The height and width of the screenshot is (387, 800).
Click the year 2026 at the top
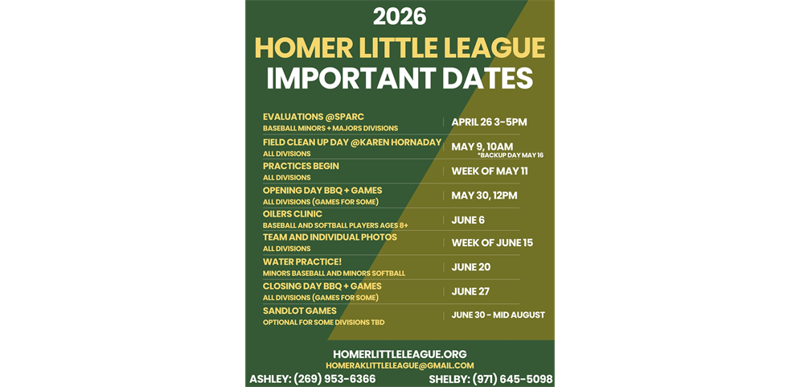point(400,16)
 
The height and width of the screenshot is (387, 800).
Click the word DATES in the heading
point(490,79)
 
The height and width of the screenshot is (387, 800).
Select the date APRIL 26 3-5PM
point(489,122)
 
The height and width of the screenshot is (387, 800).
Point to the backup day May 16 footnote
point(510,155)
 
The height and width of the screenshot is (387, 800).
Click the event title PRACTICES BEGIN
point(301,166)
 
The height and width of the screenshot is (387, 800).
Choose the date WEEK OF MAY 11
point(490,171)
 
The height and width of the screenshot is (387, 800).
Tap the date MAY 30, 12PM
point(484,196)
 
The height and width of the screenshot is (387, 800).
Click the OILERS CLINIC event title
point(293,214)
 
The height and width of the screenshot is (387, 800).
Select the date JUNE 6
point(468,220)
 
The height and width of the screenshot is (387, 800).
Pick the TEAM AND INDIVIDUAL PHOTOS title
point(330,237)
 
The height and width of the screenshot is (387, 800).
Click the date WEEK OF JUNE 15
point(492,243)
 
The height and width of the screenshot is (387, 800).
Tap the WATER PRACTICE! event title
point(302,261)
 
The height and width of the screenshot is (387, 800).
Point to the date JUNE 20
point(471,267)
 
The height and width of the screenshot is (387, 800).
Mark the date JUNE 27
point(471,291)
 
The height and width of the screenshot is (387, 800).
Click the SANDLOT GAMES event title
point(300,311)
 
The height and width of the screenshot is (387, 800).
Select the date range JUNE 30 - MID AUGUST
point(498,315)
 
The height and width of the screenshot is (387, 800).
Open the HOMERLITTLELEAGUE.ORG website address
point(400,354)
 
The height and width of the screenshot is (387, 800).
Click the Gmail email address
point(400,366)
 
